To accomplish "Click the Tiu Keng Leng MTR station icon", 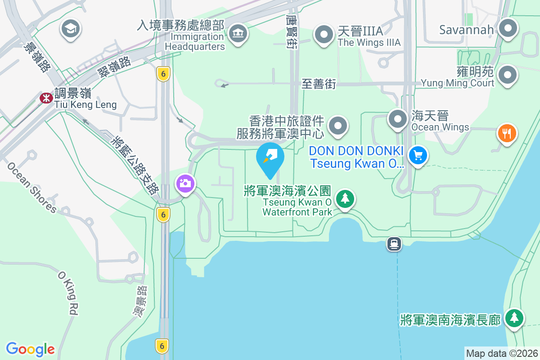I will tap(46, 98).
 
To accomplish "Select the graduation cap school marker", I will tap(70, 29).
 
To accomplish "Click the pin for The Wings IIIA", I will tap(323, 34).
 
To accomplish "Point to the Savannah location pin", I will tap(508, 28).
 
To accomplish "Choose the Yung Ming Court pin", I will tap(508, 75).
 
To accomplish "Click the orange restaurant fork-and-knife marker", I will tap(507, 133).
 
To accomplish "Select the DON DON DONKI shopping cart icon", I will tap(418, 156).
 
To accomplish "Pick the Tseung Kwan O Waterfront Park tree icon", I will tap(345, 198).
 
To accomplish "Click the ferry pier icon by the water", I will tap(394, 244).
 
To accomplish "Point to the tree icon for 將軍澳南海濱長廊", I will tap(513, 318).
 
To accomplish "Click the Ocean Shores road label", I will tap(31, 187).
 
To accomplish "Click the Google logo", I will tap(30, 349).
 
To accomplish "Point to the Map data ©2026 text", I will tap(501, 353).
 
